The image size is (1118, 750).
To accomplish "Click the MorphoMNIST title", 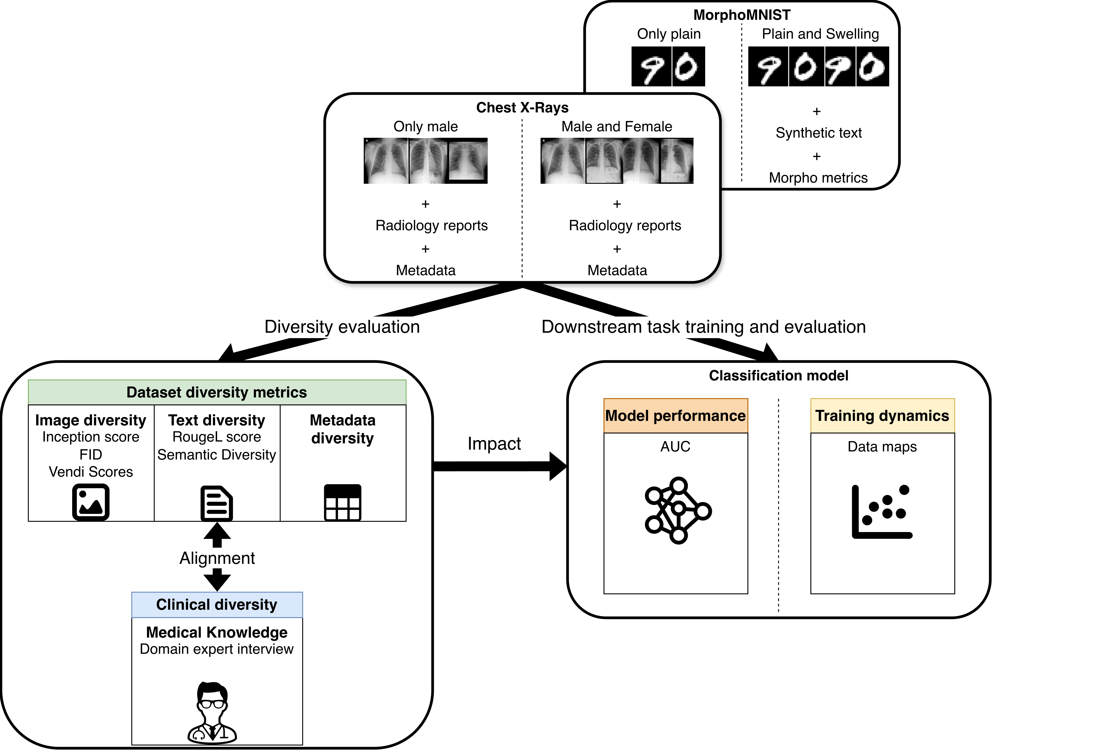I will tap(741, 15).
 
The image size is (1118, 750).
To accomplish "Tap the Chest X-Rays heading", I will tap(522, 108).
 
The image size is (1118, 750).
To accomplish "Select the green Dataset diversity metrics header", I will tap(217, 392).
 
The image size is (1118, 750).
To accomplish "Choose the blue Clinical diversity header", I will tap(217, 605).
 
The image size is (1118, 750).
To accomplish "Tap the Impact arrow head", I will tap(558, 466).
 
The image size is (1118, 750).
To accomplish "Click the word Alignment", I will tap(217, 558).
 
